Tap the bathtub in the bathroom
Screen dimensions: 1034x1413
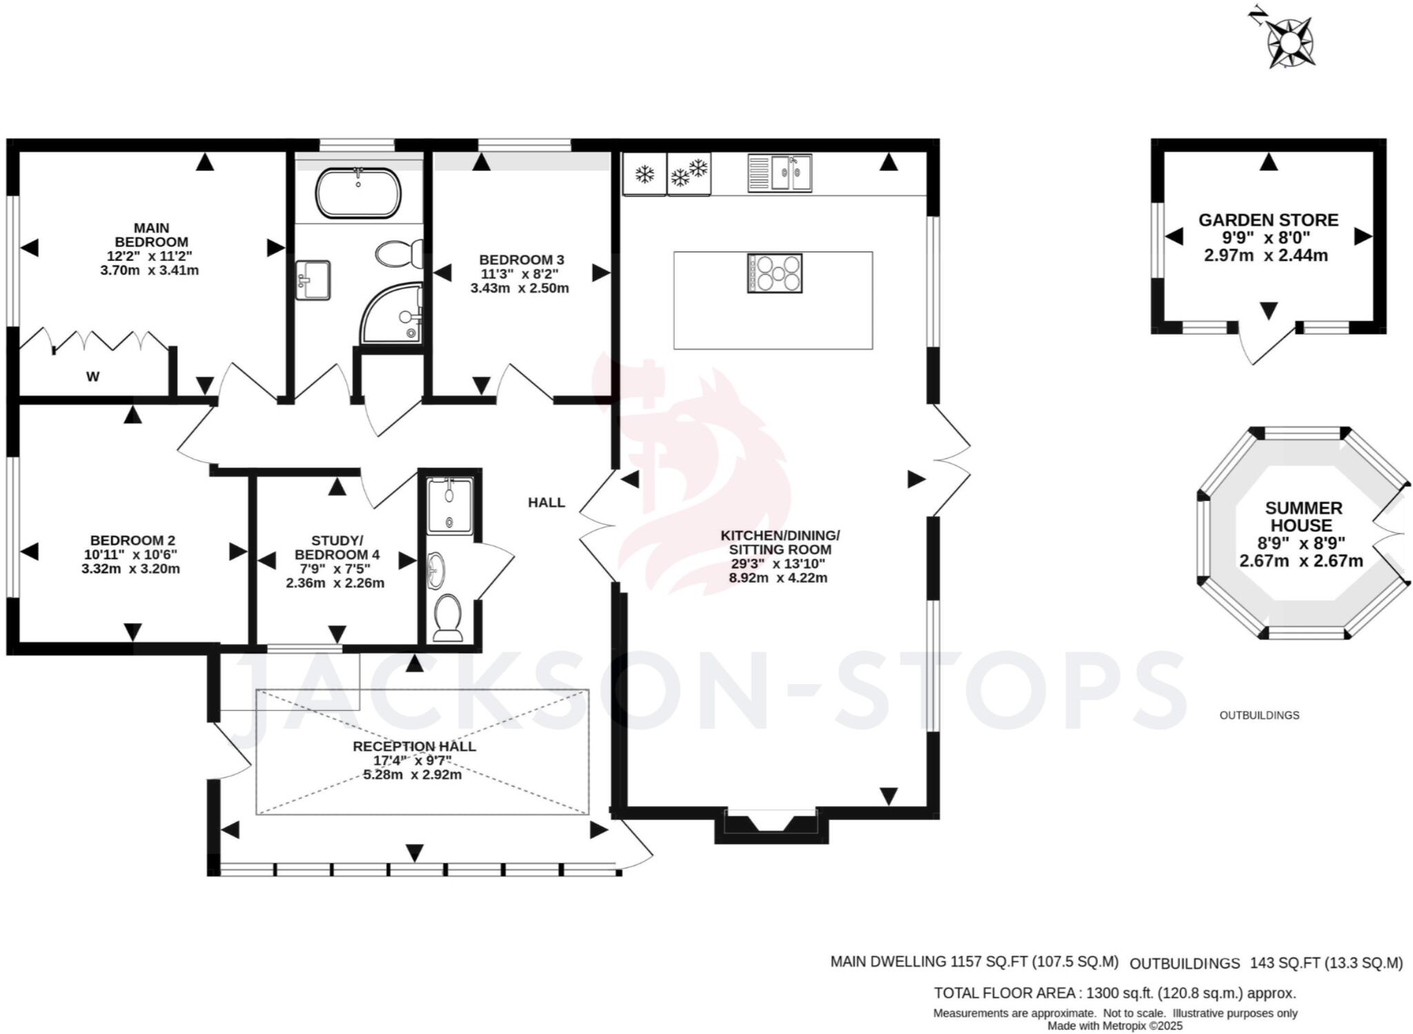coord(358,193)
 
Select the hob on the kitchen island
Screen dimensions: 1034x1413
coord(774,273)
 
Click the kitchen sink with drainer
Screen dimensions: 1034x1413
coord(780,173)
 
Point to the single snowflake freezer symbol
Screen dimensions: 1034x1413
coord(644,175)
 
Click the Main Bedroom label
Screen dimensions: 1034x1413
coord(151,235)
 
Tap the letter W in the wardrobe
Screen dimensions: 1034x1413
coord(92,377)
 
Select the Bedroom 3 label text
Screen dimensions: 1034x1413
coord(522,260)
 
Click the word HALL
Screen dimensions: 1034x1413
coord(546,503)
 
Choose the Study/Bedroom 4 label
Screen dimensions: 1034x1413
coord(337,547)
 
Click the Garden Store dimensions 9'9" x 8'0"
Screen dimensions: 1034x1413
coord(1266,238)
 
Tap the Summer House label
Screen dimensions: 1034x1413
coord(1303,516)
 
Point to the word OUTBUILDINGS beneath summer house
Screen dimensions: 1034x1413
coord(1259,715)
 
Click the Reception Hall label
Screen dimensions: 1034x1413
coord(414,746)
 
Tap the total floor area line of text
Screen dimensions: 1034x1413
coord(1114,993)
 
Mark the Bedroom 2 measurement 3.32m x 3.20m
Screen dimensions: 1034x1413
coord(130,569)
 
